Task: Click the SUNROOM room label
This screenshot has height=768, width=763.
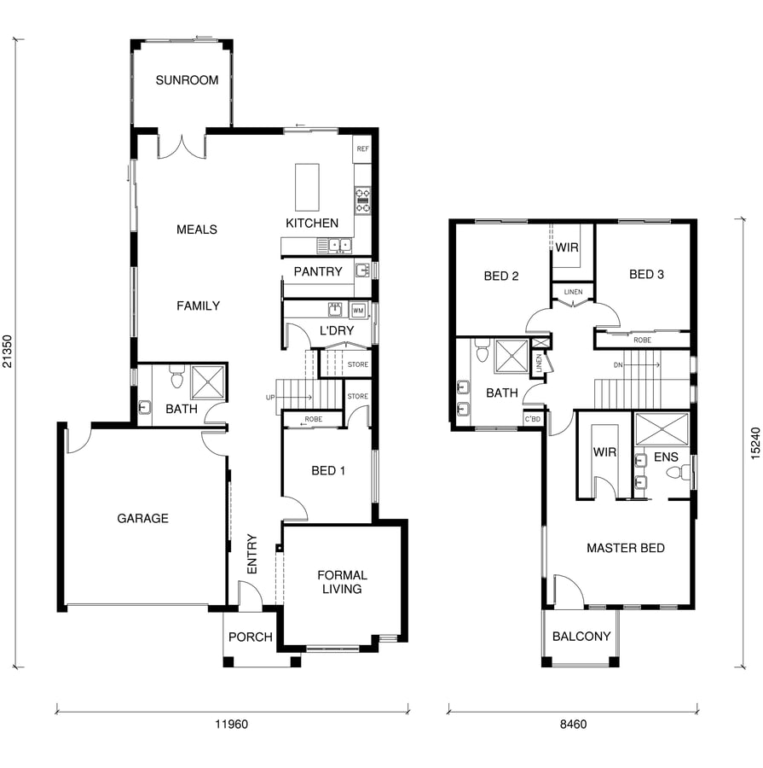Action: pyautogui.click(x=187, y=80)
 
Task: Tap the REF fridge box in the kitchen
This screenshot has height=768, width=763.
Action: pyautogui.click(x=362, y=148)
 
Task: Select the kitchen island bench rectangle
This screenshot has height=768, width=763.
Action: pyautogui.click(x=307, y=188)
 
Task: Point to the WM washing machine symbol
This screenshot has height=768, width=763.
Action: pyautogui.click(x=358, y=311)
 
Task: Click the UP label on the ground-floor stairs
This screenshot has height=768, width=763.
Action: pyautogui.click(x=270, y=397)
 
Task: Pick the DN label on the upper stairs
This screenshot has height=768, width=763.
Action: pyautogui.click(x=618, y=365)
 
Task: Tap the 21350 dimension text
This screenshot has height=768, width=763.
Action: pyautogui.click(x=8, y=352)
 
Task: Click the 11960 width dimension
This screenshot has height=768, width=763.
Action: pyautogui.click(x=232, y=724)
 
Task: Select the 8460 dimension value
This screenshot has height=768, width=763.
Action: pyautogui.click(x=573, y=724)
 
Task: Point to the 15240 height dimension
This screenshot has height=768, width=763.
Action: pyautogui.click(x=755, y=443)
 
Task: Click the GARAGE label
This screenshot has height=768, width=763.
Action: pyautogui.click(x=143, y=518)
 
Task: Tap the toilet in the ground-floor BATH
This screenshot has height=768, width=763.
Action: pyautogui.click(x=176, y=378)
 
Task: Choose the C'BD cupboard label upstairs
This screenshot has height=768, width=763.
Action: pyautogui.click(x=533, y=419)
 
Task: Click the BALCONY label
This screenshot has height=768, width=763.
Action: pyautogui.click(x=581, y=637)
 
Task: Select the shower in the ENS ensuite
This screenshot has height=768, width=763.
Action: pyautogui.click(x=662, y=429)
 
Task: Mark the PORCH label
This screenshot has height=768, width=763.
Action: pyautogui.click(x=251, y=637)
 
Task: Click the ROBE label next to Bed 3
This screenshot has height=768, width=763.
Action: pyautogui.click(x=642, y=340)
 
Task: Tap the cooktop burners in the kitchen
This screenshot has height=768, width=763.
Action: pyautogui.click(x=362, y=201)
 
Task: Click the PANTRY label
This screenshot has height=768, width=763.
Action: pyautogui.click(x=318, y=271)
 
